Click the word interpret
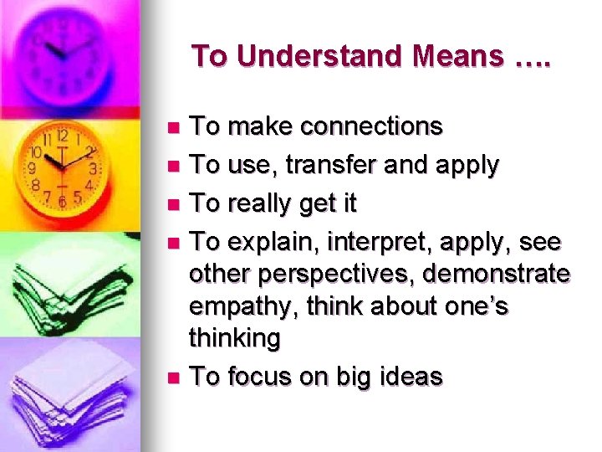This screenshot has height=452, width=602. [x=384, y=242]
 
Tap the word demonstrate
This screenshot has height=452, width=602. [x=496, y=274]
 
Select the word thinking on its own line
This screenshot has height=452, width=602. [x=235, y=338]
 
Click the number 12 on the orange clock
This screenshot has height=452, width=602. [x=61, y=134]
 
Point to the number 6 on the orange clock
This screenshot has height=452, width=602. [x=64, y=201]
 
